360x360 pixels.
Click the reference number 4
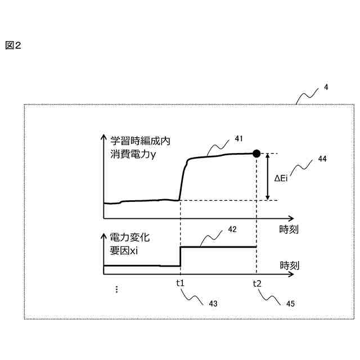point(326,88)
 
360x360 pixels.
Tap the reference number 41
point(238,138)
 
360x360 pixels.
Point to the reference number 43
point(213,303)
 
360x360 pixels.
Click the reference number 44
point(322,159)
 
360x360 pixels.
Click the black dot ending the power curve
point(256,153)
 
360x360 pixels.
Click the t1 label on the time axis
point(180,283)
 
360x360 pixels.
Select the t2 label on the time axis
point(256,283)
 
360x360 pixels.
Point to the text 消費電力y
point(133,154)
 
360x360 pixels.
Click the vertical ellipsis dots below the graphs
point(116,290)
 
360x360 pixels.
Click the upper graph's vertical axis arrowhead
point(103,137)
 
